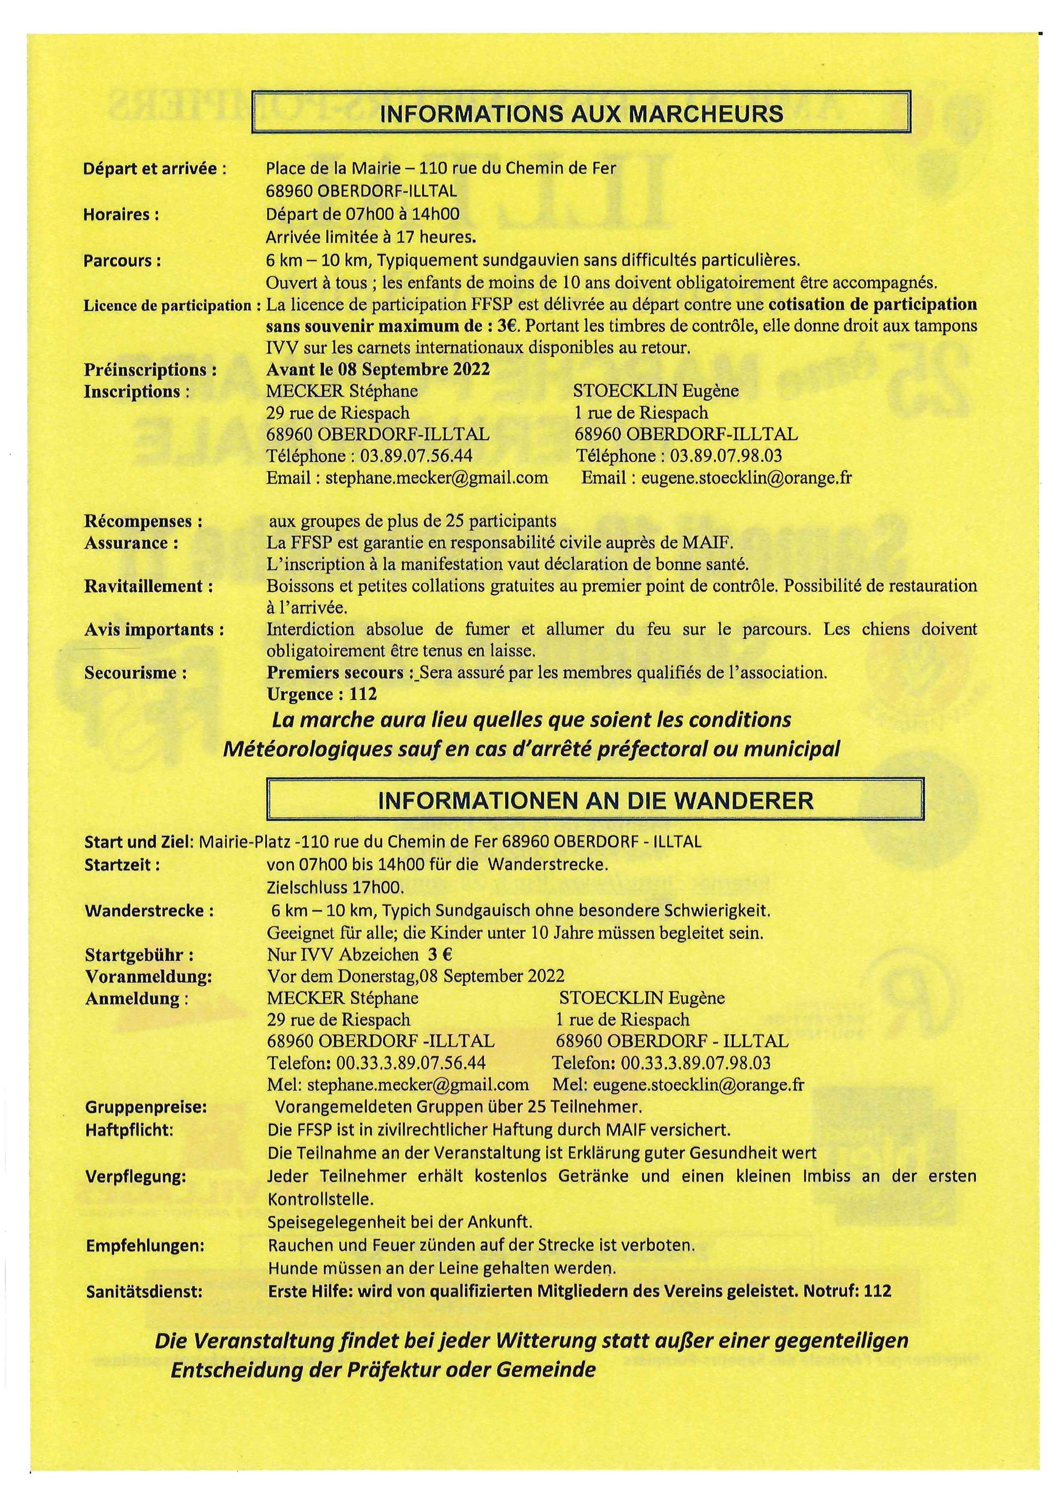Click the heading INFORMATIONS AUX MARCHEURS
pyautogui.click(x=581, y=114)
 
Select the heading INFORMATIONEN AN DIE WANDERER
pyautogui.click(x=596, y=800)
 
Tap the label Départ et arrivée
pyautogui.click(x=155, y=168)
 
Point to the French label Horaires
pyautogui.click(x=122, y=215)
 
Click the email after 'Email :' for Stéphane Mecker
pyautogui.click(x=437, y=478)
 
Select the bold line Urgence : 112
pyautogui.click(x=322, y=694)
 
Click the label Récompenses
pyautogui.click(x=143, y=522)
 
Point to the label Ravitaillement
pyautogui.click(x=148, y=587)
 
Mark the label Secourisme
pyautogui.click(x=135, y=673)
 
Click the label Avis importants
pyautogui.click(x=154, y=630)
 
